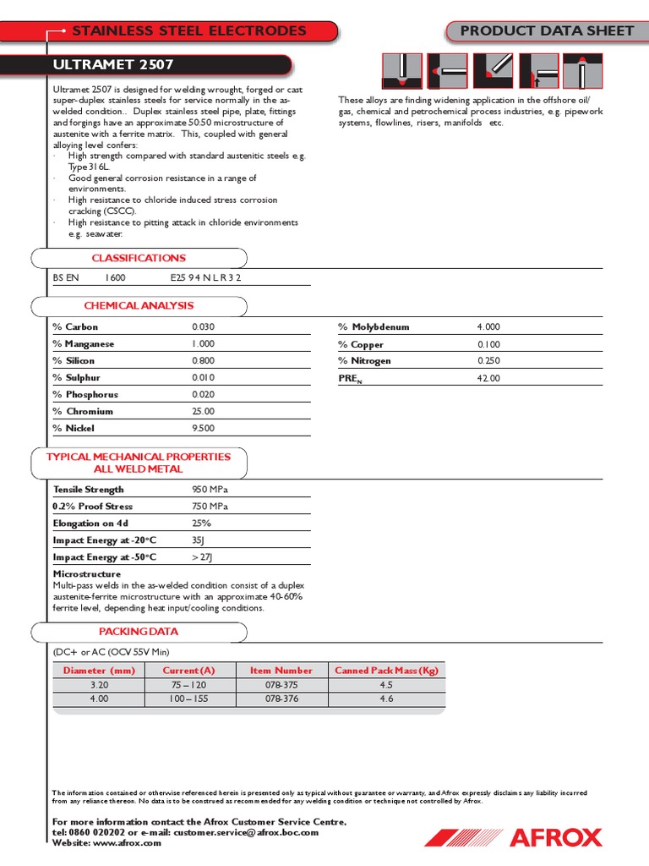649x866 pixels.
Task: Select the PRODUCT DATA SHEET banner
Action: click(547, 31)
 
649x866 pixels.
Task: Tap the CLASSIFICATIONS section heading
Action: click(139, 258)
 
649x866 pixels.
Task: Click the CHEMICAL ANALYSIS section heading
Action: click(139, 305)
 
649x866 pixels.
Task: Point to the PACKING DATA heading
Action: click(139, 632)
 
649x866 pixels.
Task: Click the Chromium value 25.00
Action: click(204, 412)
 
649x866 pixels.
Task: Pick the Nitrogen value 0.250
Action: click(488, 361)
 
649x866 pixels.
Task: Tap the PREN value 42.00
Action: click(488, 378)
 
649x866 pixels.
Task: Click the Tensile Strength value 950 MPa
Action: click(210, 490)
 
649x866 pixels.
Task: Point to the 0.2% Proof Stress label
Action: click(93, 507)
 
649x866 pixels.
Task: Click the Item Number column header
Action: click(281, 671)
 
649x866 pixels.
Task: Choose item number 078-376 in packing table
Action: click(281, 699)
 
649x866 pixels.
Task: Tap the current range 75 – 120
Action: click(188, 685)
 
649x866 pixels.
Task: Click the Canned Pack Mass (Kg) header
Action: click(386, 671)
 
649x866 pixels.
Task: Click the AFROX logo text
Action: click(555, 838)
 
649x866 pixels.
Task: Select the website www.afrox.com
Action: click(127, 843)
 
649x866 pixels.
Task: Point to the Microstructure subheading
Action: click(87, 574)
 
